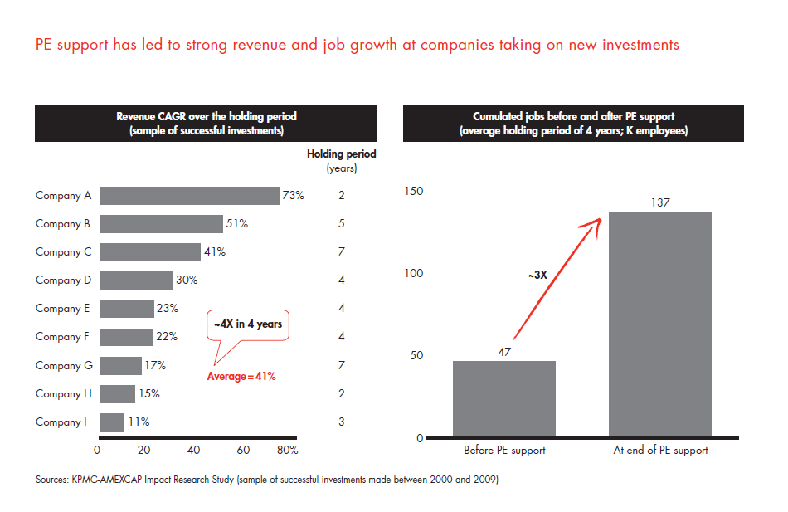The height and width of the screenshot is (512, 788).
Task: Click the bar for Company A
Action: click(189, 196)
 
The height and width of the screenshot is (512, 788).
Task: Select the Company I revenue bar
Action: click(112, 422)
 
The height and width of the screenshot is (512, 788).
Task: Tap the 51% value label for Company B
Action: click(237, 224)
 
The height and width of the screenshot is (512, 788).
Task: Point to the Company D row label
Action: click(64, 280)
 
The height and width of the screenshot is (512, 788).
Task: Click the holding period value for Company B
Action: click(342, 224)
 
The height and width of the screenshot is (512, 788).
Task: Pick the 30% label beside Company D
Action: click(187, 280)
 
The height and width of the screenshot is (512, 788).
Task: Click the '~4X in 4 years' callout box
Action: click(247, 324)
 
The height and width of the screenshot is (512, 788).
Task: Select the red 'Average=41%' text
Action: click(241, 376)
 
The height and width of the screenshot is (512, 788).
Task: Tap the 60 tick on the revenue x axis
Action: click(243, 451)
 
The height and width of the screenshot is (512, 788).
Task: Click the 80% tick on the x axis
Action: click(288, 451)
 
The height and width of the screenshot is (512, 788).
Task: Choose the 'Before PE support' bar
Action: click(504, 398)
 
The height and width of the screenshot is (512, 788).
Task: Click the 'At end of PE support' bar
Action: click(660, 324)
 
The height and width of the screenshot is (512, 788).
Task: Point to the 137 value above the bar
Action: click(660, 202)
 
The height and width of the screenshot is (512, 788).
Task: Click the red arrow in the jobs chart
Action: click(556, 279)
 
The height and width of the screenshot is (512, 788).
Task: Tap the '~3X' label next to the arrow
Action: click(537, 273)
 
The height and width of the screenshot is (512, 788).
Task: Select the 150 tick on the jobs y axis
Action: click(413, 192)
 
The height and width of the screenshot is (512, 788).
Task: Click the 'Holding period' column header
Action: click(341, 154)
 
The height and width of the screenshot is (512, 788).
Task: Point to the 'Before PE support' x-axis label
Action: click(504, 451)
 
